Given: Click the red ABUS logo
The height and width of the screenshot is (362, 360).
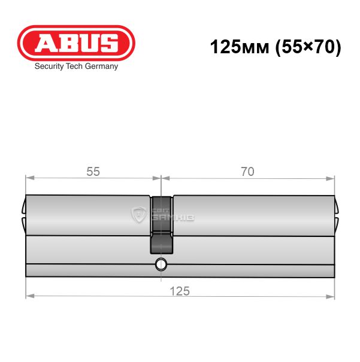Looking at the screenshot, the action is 76,43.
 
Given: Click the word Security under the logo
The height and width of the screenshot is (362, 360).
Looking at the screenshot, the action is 49,66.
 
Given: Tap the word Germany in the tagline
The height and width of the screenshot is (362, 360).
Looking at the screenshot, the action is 101,66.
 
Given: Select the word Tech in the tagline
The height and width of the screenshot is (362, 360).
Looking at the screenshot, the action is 74,66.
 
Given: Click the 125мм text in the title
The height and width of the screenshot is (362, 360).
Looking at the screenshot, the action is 240,47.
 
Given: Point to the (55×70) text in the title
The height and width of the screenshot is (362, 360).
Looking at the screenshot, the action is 308,47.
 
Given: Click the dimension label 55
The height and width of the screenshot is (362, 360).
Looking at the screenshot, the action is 93,172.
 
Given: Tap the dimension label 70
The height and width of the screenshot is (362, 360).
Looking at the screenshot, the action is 247,172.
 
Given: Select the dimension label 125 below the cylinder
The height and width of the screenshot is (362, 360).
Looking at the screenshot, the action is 180,291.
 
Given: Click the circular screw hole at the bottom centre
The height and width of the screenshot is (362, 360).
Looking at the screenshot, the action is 161,264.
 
